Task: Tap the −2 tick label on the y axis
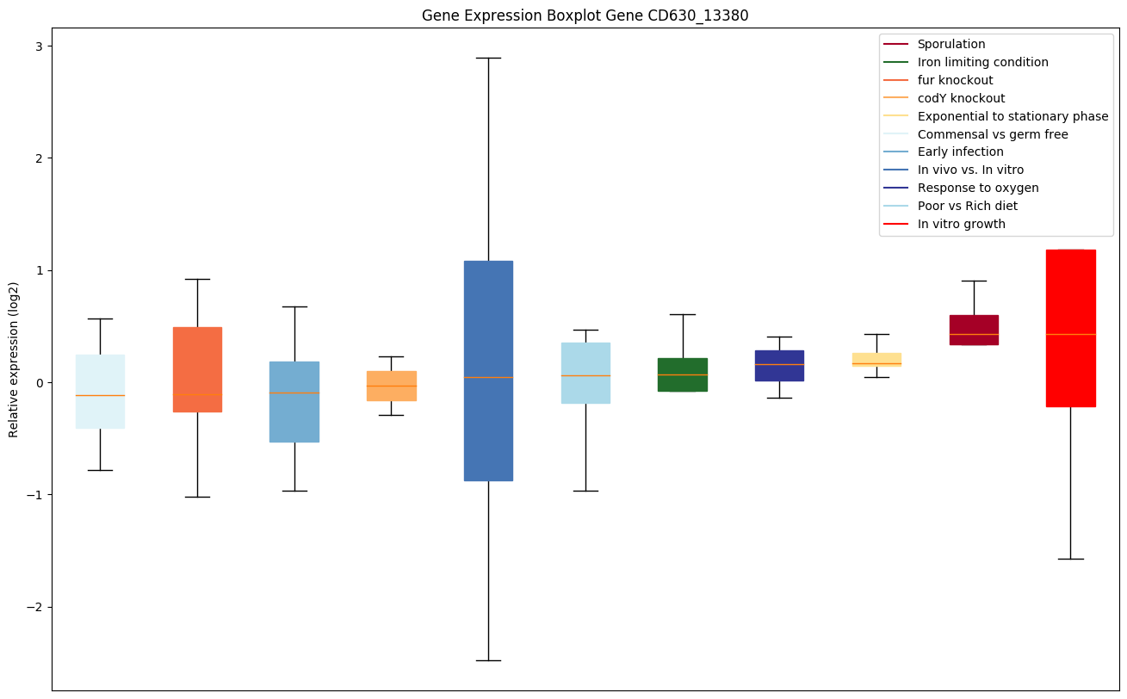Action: click(35, 607)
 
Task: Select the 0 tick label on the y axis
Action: click(40, 382)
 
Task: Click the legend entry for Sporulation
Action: click(951, 44)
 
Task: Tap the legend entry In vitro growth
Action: click(961, 224)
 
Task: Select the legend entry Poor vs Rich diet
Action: click(967, 206)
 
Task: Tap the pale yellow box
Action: click(876, 356)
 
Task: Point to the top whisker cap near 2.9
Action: click(488, 58)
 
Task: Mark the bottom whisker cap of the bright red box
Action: click(1070, 559)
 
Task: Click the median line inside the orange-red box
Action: click(197, 394)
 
